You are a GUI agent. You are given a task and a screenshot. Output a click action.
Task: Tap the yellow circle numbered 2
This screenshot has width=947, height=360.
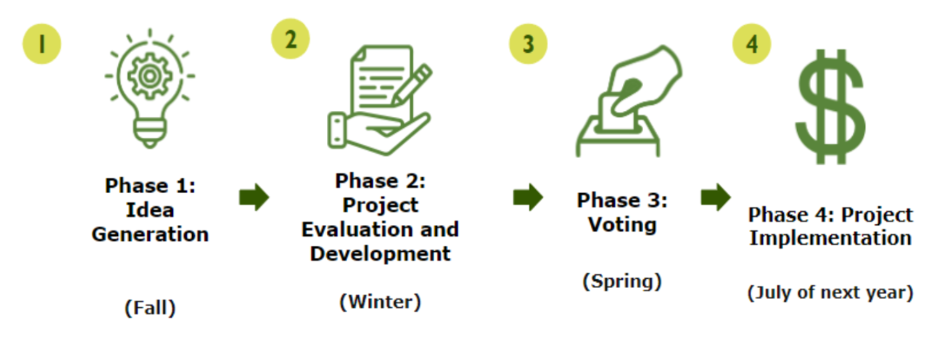tap(290, 38)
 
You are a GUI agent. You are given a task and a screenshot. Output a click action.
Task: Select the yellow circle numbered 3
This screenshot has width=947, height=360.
tap(528, 44)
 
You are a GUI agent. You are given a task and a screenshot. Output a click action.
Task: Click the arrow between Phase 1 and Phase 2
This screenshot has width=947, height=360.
tap(254, 198)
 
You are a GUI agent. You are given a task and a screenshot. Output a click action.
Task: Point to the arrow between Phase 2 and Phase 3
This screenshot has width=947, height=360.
tap(527, 198)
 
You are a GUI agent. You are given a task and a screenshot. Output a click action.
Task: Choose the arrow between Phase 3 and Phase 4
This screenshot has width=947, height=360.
tap(715, 198)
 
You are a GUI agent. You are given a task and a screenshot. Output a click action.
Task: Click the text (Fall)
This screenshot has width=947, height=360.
tap(150, 308)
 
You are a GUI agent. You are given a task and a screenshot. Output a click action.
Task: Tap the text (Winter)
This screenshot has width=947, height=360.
tap(380, 302)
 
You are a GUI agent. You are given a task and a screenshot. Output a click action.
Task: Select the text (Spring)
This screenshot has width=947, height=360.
tap(622, 281)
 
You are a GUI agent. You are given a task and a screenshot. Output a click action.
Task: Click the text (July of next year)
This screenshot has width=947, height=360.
tap(830, 293)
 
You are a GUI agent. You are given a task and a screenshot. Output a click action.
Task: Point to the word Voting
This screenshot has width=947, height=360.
tap(622, 225)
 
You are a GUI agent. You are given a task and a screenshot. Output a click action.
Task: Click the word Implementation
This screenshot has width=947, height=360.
tap(830, 238)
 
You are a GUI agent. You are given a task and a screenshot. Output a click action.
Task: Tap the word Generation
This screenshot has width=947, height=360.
tap(150, 234)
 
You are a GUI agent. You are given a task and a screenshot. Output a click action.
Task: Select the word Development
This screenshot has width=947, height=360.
tap(380, 254)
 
